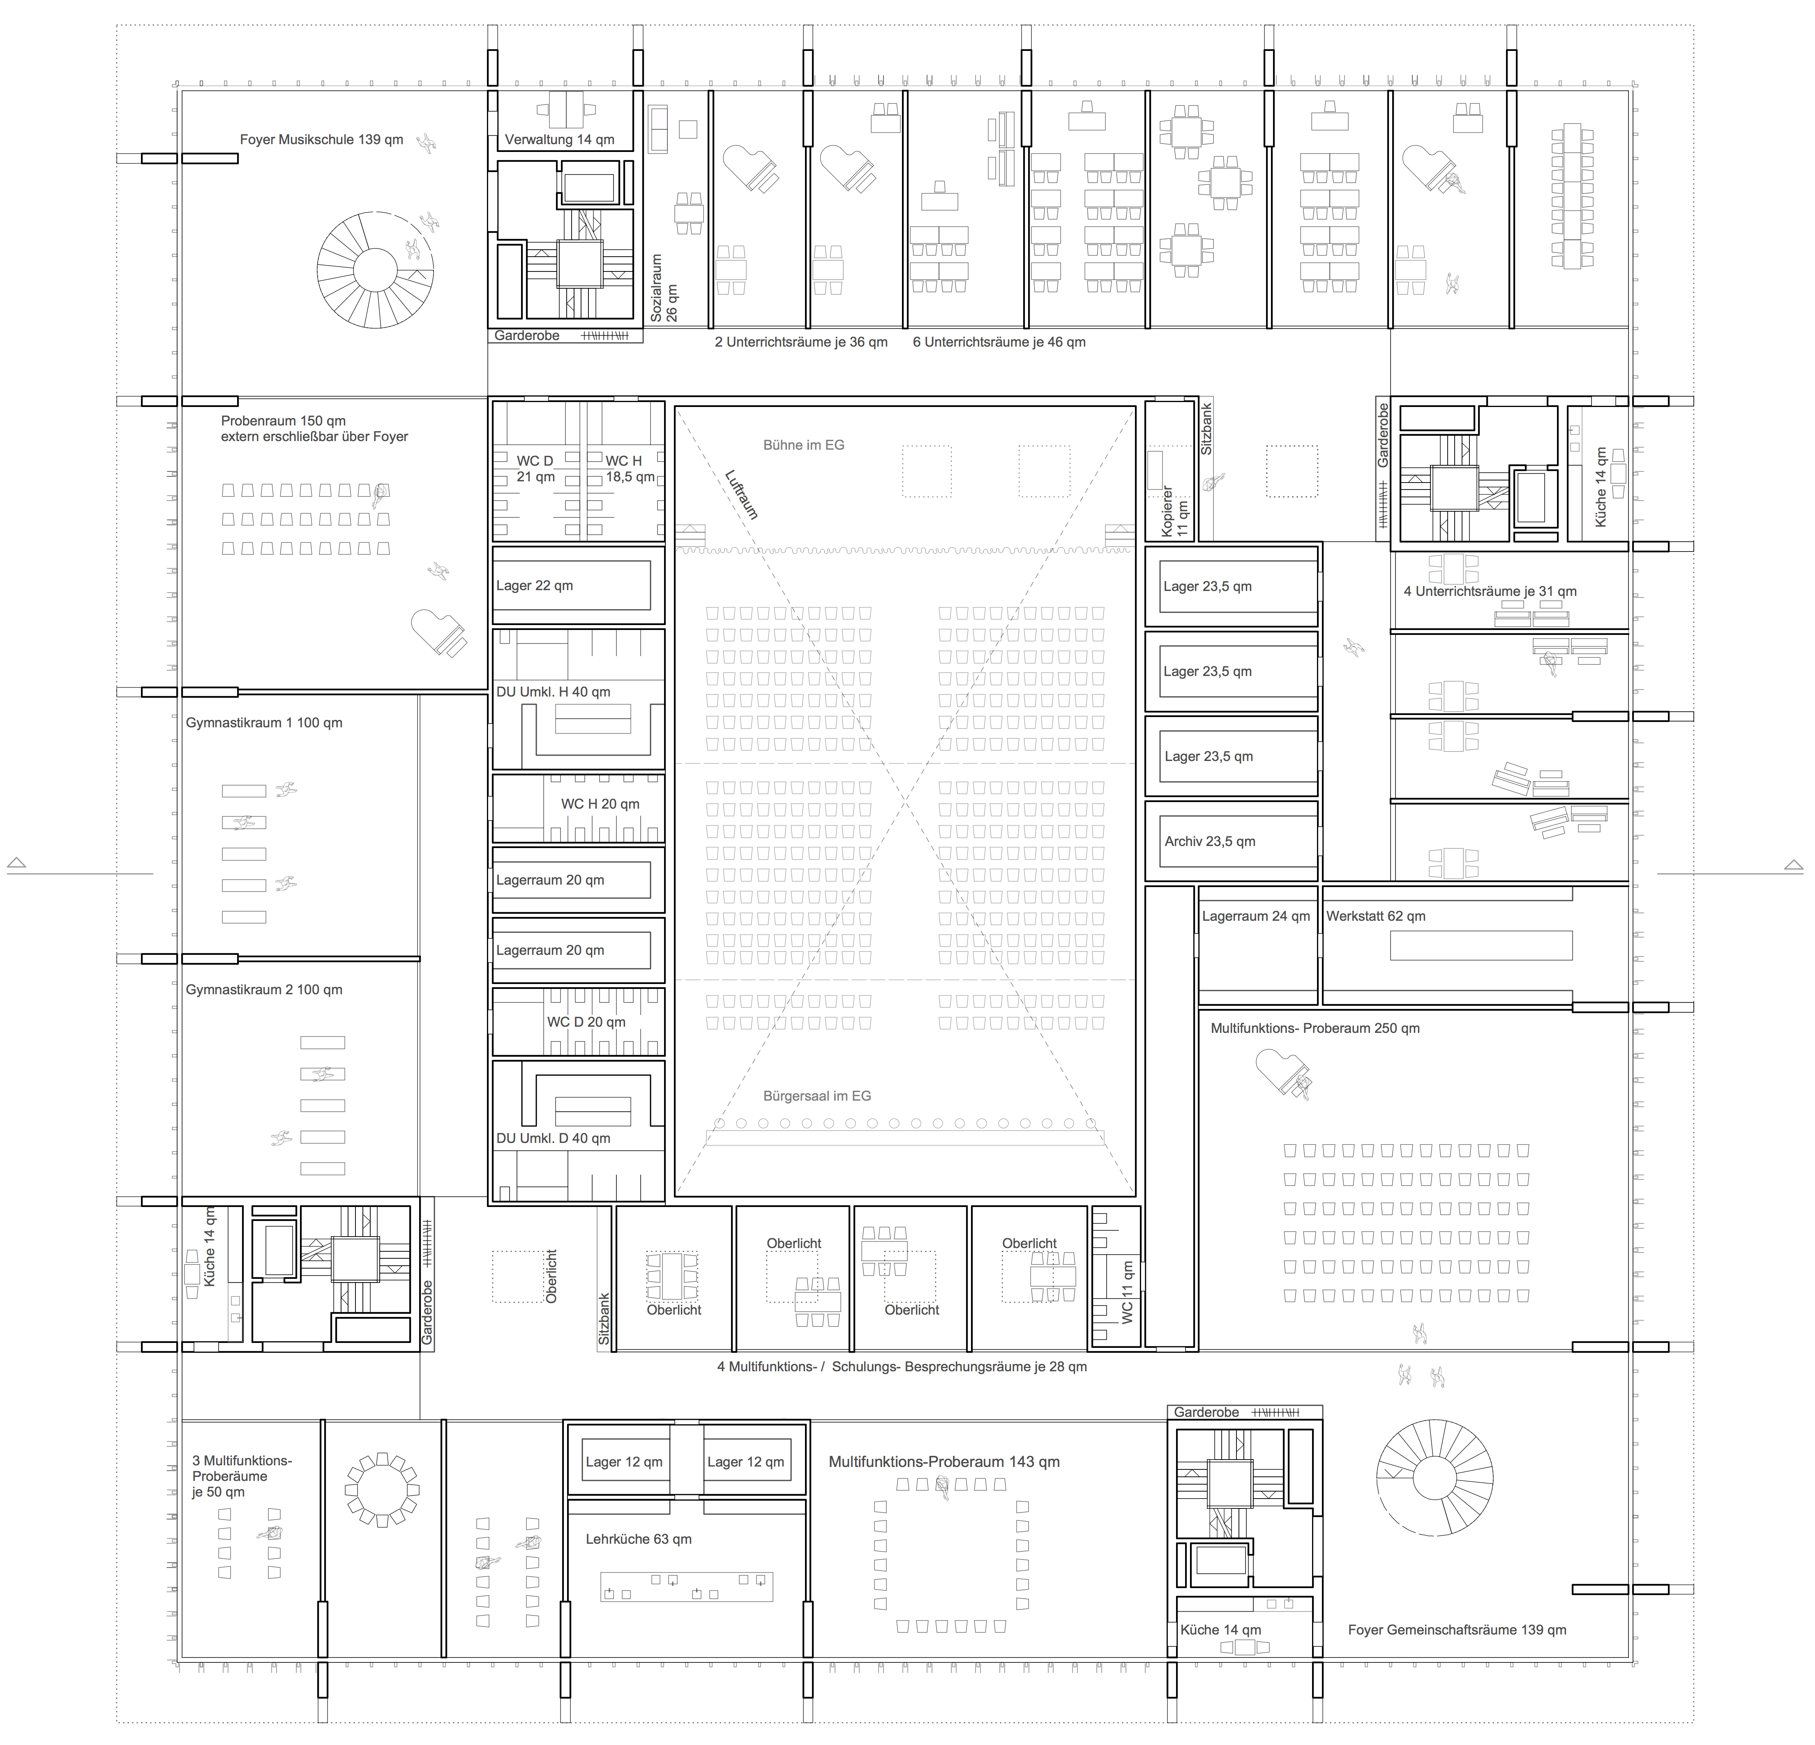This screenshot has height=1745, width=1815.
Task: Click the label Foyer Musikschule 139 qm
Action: pyautogui.click(x=321, y=140)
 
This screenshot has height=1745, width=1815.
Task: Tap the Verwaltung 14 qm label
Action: pyautogui.click(x=559, y=140)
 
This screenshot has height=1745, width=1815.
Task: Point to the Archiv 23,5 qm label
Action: pyautogui.click(x=1209, y=841)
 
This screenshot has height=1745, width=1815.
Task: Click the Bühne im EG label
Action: pyautogui.click(x=804, y=445)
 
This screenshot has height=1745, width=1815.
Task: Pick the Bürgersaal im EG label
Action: pyautogui.click(x=817, y=1096)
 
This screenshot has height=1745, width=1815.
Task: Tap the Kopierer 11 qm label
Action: pyautogui.click(x=1174, y=512)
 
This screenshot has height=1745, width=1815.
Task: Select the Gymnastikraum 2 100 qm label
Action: pyautogui.click(x=264, y=990)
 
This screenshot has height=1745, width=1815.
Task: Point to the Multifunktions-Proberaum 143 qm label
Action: pyautogui.click(x=943, y=1462)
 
